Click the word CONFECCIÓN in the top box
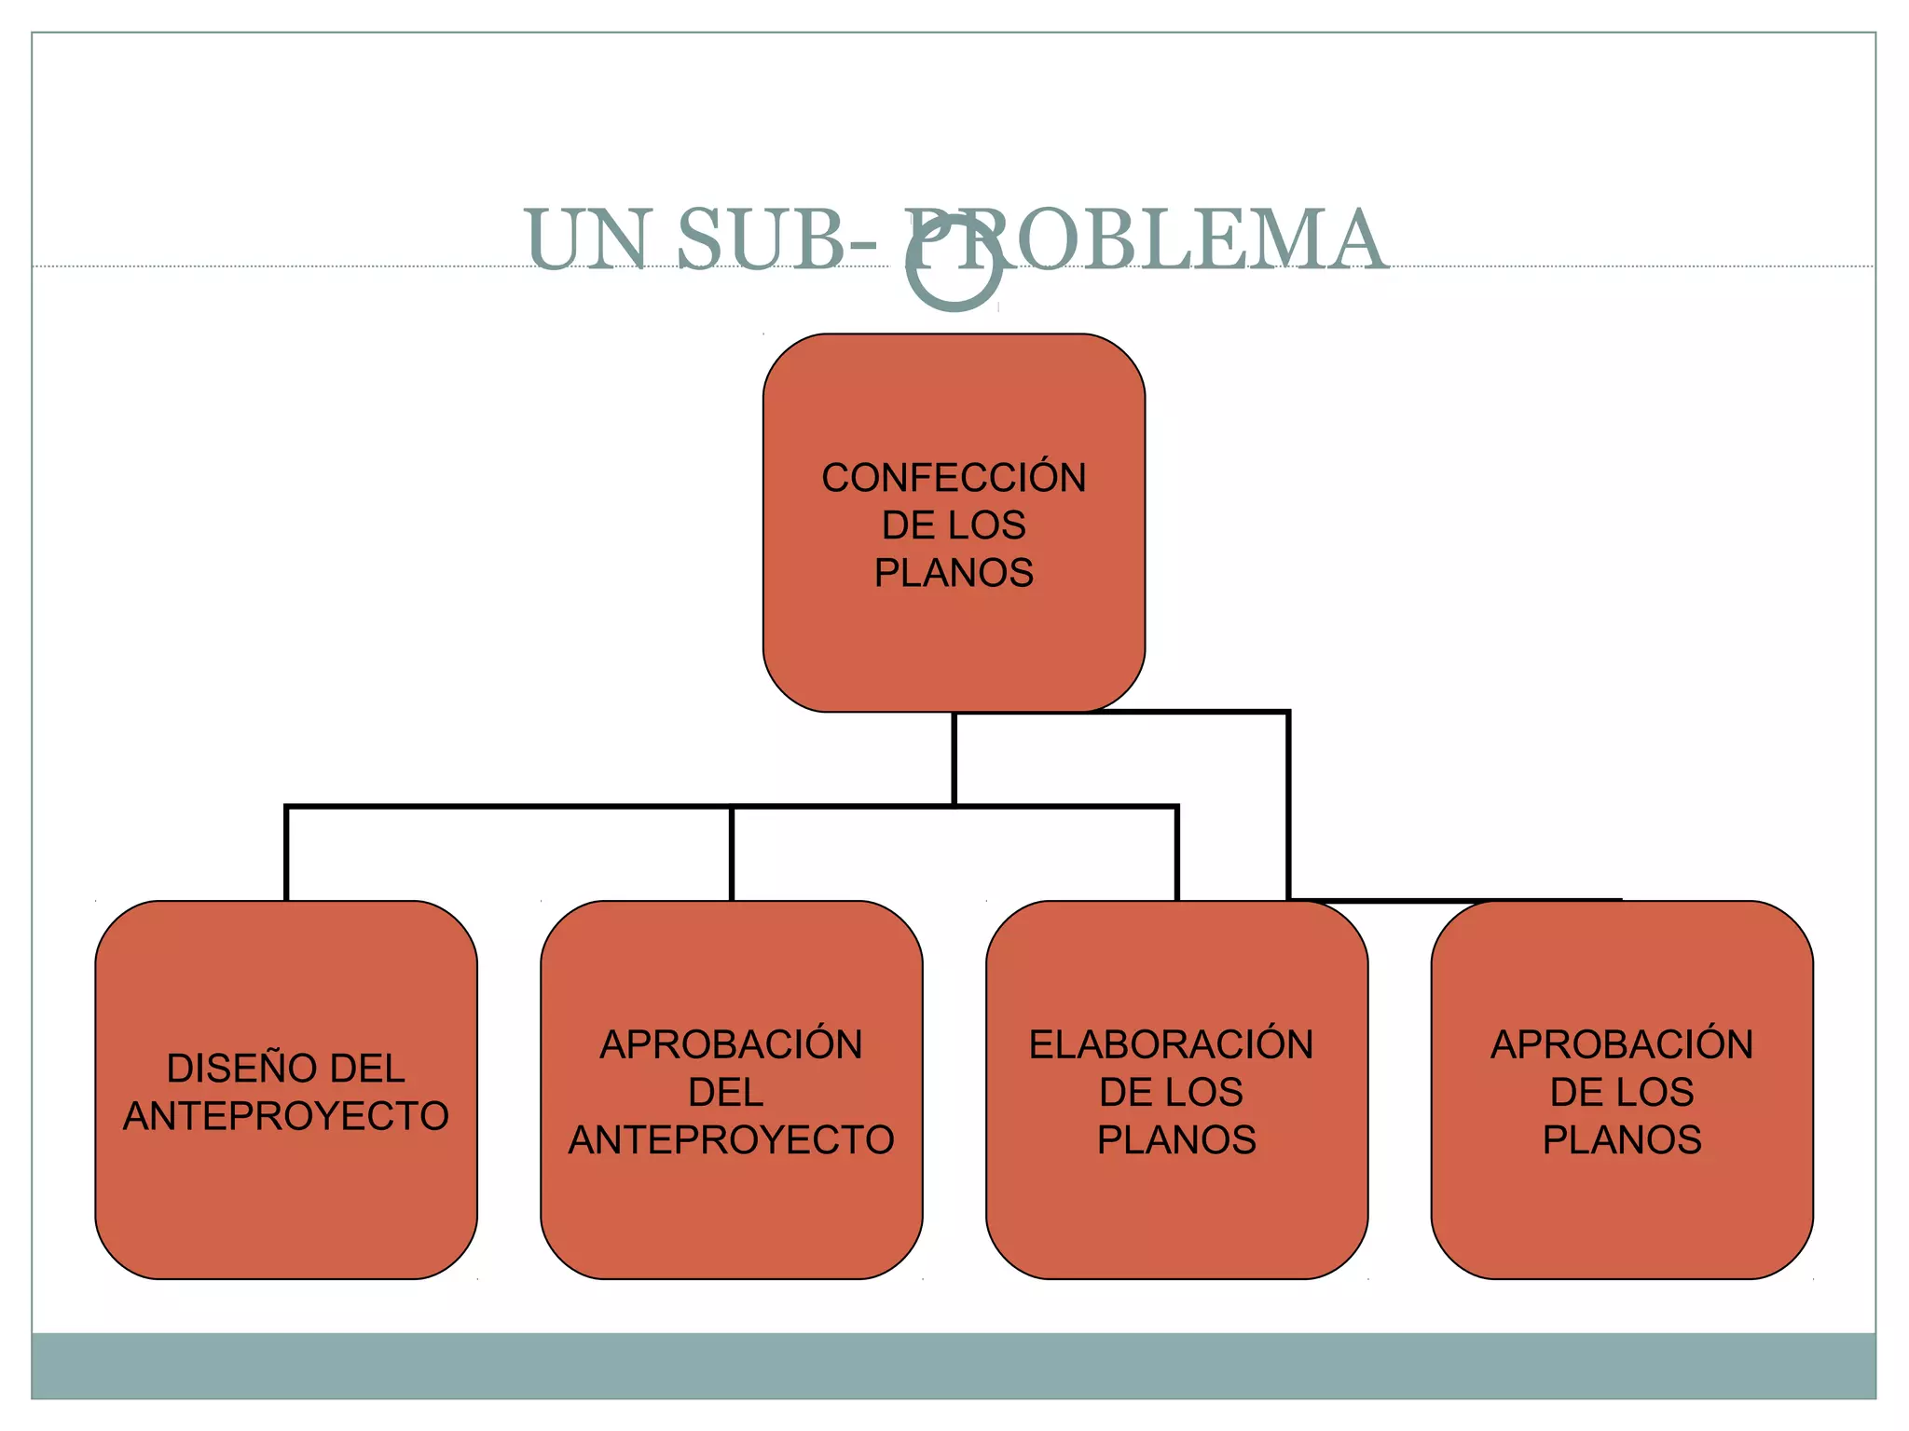pyautogui.click(x=954, y=478)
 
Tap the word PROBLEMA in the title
pyautogui.click(x=1147, y=239)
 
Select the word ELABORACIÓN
pyautogui.click(x=1171, y=1044)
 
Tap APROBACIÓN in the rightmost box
pyautogui.click(x=1622, y=1044)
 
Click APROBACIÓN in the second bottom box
pyautogui.click(x=731, y=1044)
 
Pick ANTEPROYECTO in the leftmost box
pyautogui.click(x=285, y=1116)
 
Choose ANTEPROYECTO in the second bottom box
pyautogui.click(x=731, y=1139)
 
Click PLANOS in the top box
pyautogui.click(x=954, y=573)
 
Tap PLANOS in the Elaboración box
pyautogui.click(x=1176, y=1139)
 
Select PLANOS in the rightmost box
pyautogui.click(x=1622, y=1139)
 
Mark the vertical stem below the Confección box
pyautogui.click(x=954, y=759)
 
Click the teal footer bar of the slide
pyautogui.click(x=954, y=1365)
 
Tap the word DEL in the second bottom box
pyautogui.click(x=726, y=1092)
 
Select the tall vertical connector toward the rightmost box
pyautogui.click(x=1288, y=806)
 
